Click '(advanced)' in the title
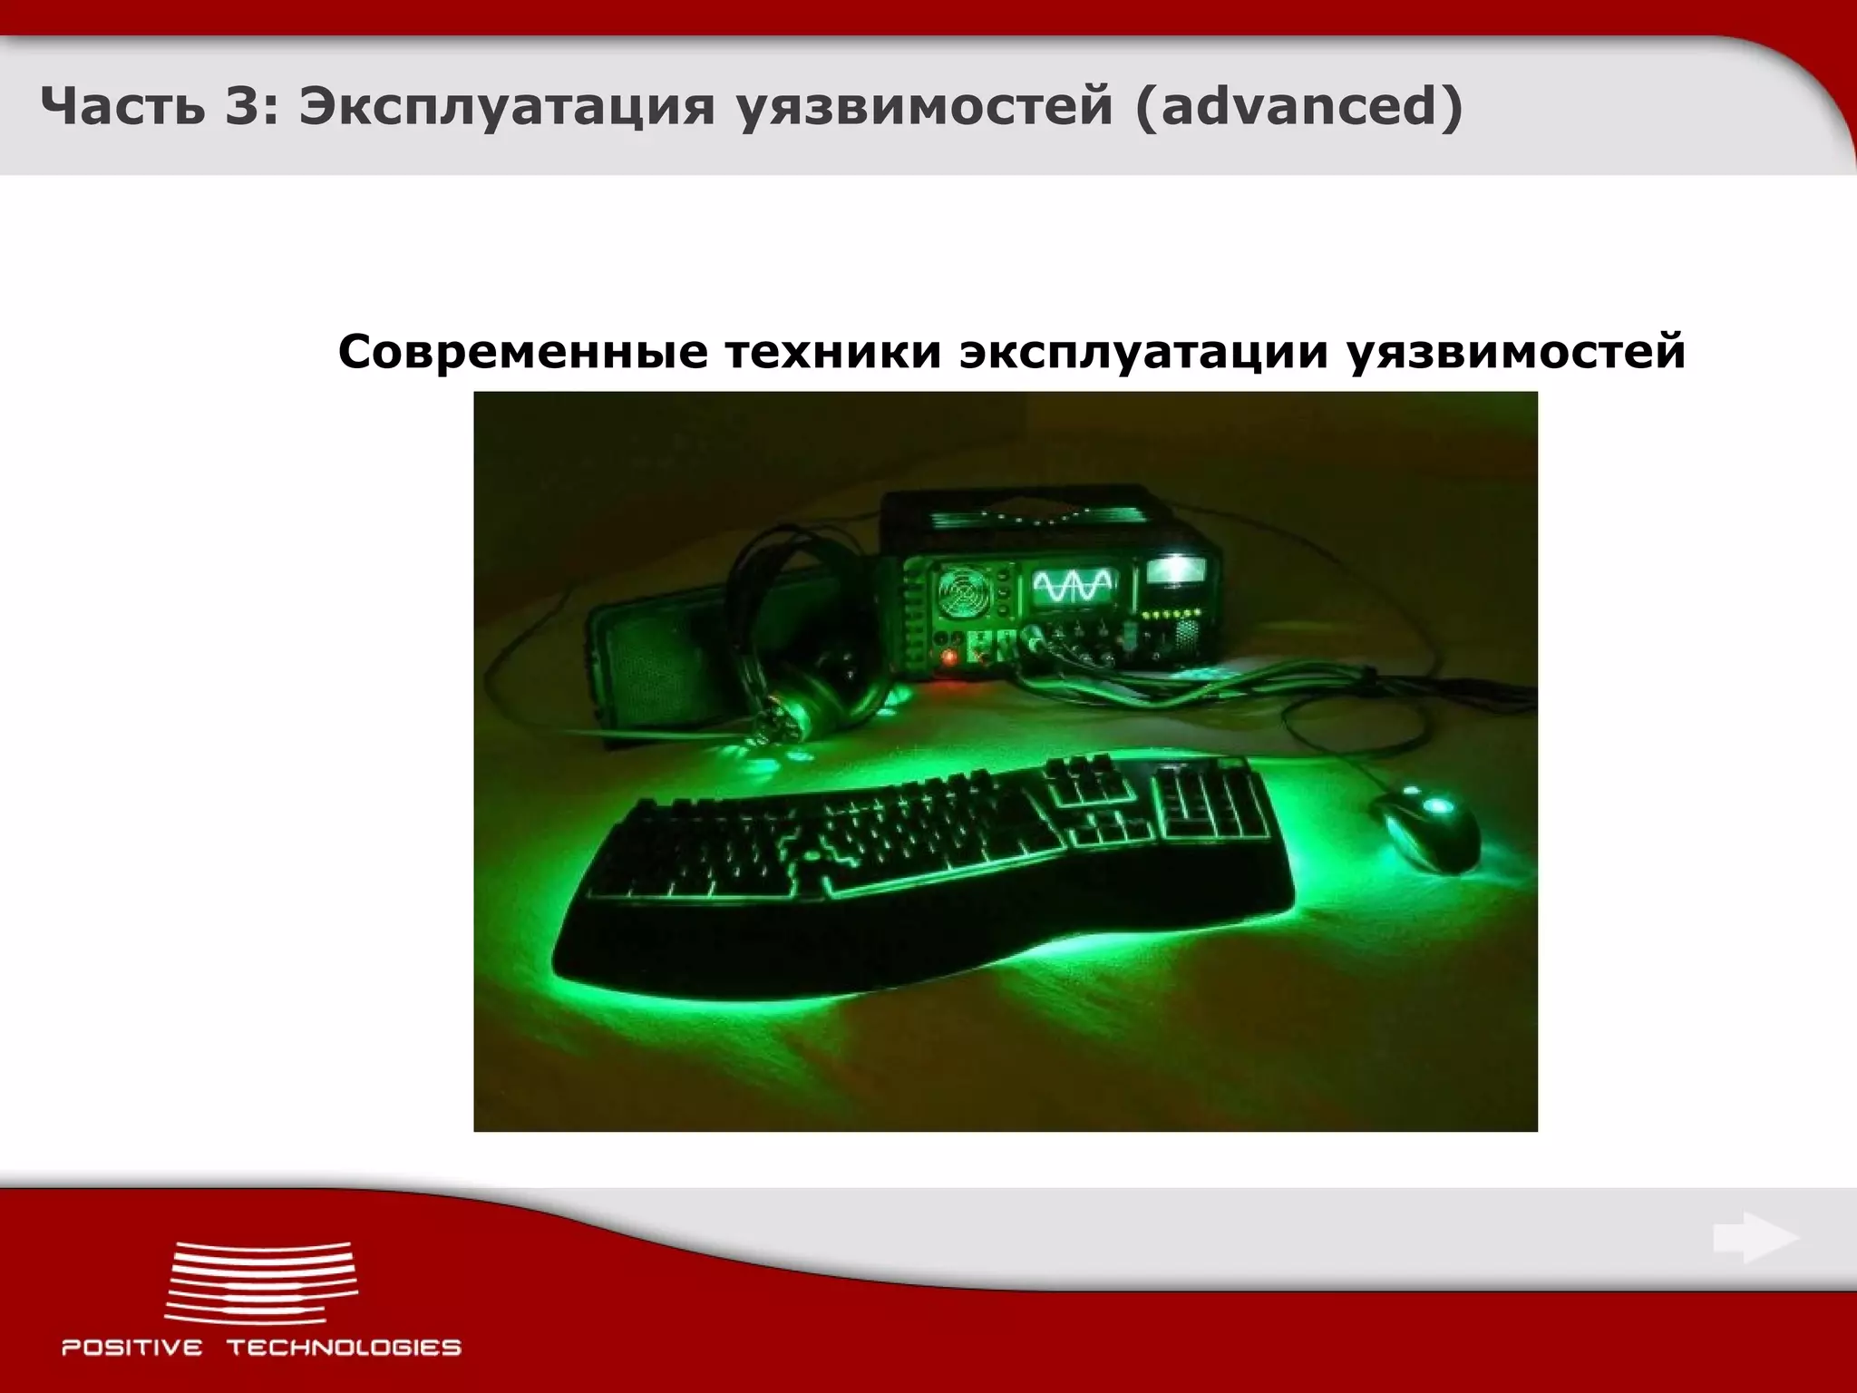click(x=1298, y=108)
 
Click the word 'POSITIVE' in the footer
click(x=132, y=1348)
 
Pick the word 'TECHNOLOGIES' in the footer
click(x=344, y=1348)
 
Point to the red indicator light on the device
click(x=949, y=657)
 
